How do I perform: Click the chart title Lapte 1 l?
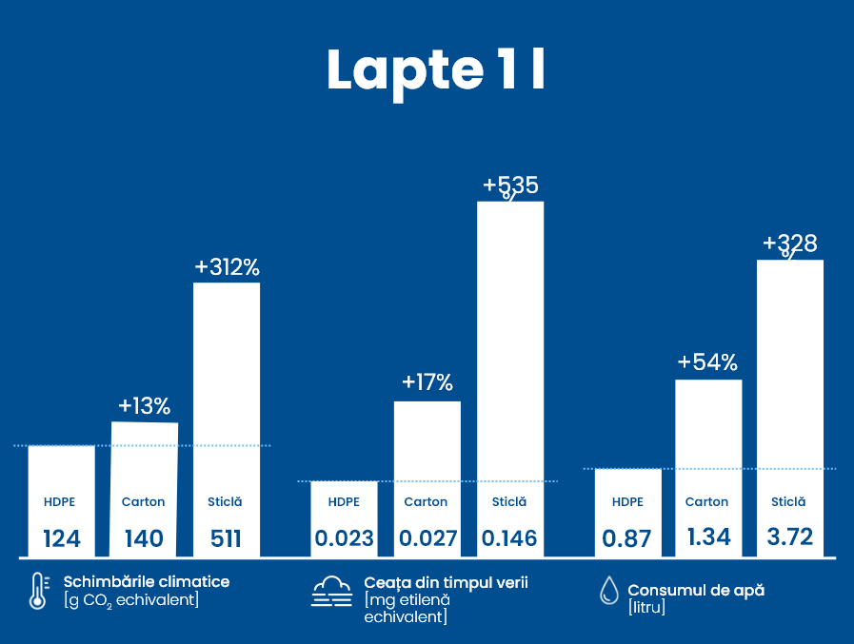436,69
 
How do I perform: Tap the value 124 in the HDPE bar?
62,539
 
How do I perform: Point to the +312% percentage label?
227,267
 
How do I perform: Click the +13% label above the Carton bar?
144,406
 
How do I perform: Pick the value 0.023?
344,539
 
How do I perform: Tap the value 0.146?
509,539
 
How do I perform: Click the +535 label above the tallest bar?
510,185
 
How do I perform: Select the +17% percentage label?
427,382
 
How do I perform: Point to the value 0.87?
627,539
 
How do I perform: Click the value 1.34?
708,537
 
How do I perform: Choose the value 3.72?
790,537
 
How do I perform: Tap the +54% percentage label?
707,361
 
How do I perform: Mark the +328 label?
790,244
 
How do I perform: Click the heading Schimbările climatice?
147,581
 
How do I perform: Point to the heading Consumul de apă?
696,590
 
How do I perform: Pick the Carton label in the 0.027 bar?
426,502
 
